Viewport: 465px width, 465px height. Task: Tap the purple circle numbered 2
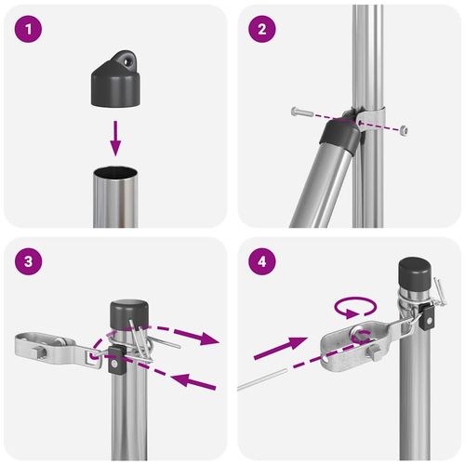262,30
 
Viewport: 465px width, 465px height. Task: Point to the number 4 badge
262,263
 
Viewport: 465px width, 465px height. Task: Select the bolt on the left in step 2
299,112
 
